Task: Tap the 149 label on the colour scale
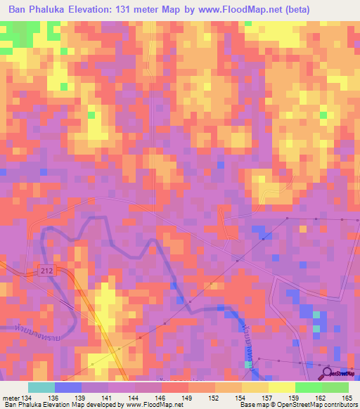[x=188, y=398]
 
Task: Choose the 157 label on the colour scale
[x=268, y=398]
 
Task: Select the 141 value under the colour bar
[x=108, y=398]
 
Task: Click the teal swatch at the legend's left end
[x=41, y=387]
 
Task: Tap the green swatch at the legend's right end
[x=335, y=387]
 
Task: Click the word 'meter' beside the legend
[x=11, y=398]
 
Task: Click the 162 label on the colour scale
[x=321, y=398]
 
